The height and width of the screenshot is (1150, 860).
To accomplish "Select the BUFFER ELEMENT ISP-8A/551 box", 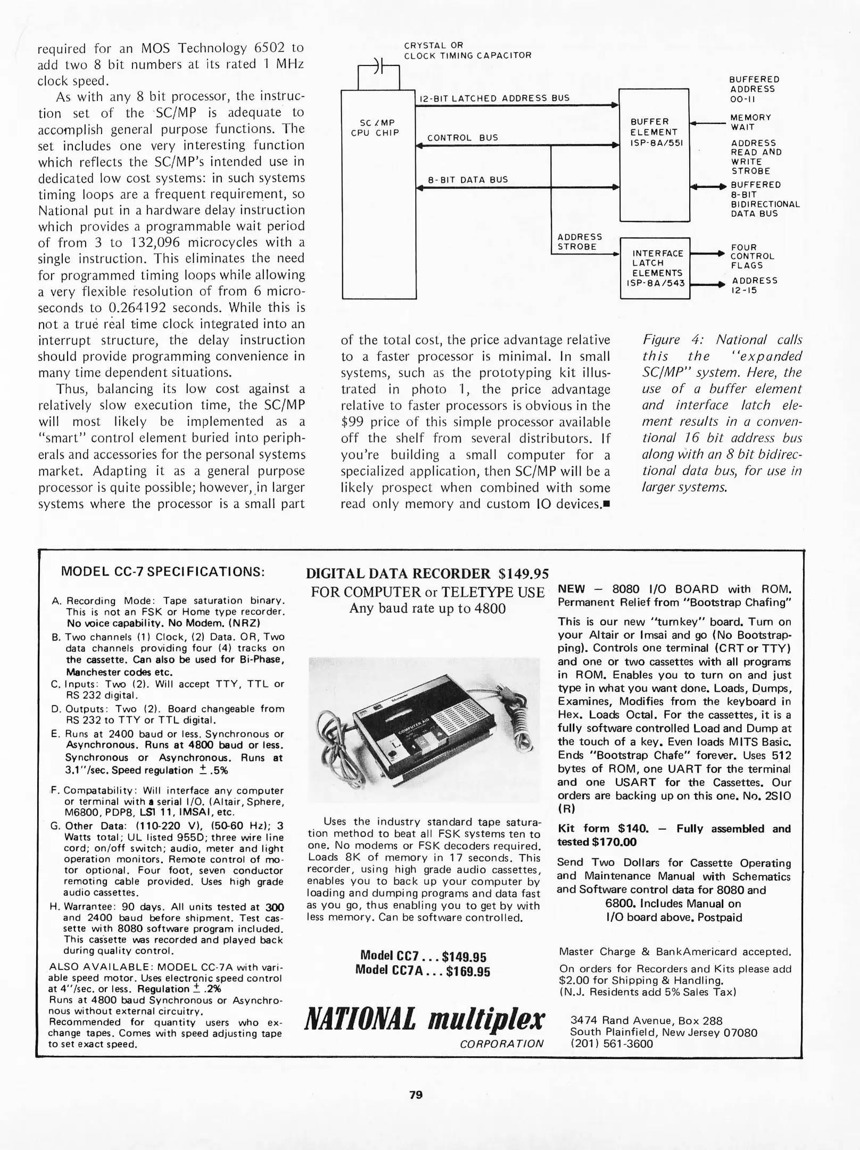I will coord(655,154).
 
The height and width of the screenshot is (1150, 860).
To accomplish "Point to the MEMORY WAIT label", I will coord(750,122).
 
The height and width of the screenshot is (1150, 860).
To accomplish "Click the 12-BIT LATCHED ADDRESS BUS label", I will coord(494,98).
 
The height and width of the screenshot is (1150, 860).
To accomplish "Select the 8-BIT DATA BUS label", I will coord(468,180).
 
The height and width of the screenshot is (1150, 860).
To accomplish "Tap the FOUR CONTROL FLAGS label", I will coord(751,256).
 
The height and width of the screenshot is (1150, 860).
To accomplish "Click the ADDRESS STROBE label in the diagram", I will coord(579,242).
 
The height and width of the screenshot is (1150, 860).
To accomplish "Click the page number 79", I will coord(416,1095).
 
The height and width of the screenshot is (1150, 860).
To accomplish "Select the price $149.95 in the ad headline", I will coord(523,573).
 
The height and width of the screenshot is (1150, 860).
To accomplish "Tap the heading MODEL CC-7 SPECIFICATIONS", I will coord(163,572).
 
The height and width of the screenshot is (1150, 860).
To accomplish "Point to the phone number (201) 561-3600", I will coord(611,1044).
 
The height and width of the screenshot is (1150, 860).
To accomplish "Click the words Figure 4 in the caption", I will coord(674,340).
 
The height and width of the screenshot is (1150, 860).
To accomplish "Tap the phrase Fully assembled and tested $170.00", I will coord(674,835).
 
